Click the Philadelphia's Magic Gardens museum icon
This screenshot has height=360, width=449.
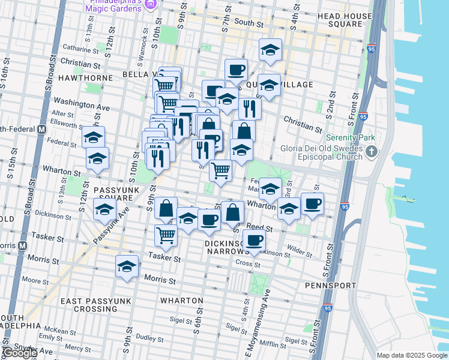coord(151,5)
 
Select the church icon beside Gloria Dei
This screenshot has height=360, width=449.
coord(372,151)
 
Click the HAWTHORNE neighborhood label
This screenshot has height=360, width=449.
coord(85,78)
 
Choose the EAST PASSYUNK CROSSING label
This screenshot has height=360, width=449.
coord(87,304)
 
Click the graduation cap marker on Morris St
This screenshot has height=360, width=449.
coord(127,267)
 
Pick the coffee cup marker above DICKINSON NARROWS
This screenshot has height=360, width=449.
coord(255,241)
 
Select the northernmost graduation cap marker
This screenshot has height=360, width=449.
coord(270,50)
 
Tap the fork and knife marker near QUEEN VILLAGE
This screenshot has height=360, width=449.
coord(250,109)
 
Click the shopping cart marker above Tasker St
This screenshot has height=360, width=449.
coord(166,235)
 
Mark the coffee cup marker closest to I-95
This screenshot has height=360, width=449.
coord(312,204)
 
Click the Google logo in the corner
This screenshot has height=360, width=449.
coord(19,353)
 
